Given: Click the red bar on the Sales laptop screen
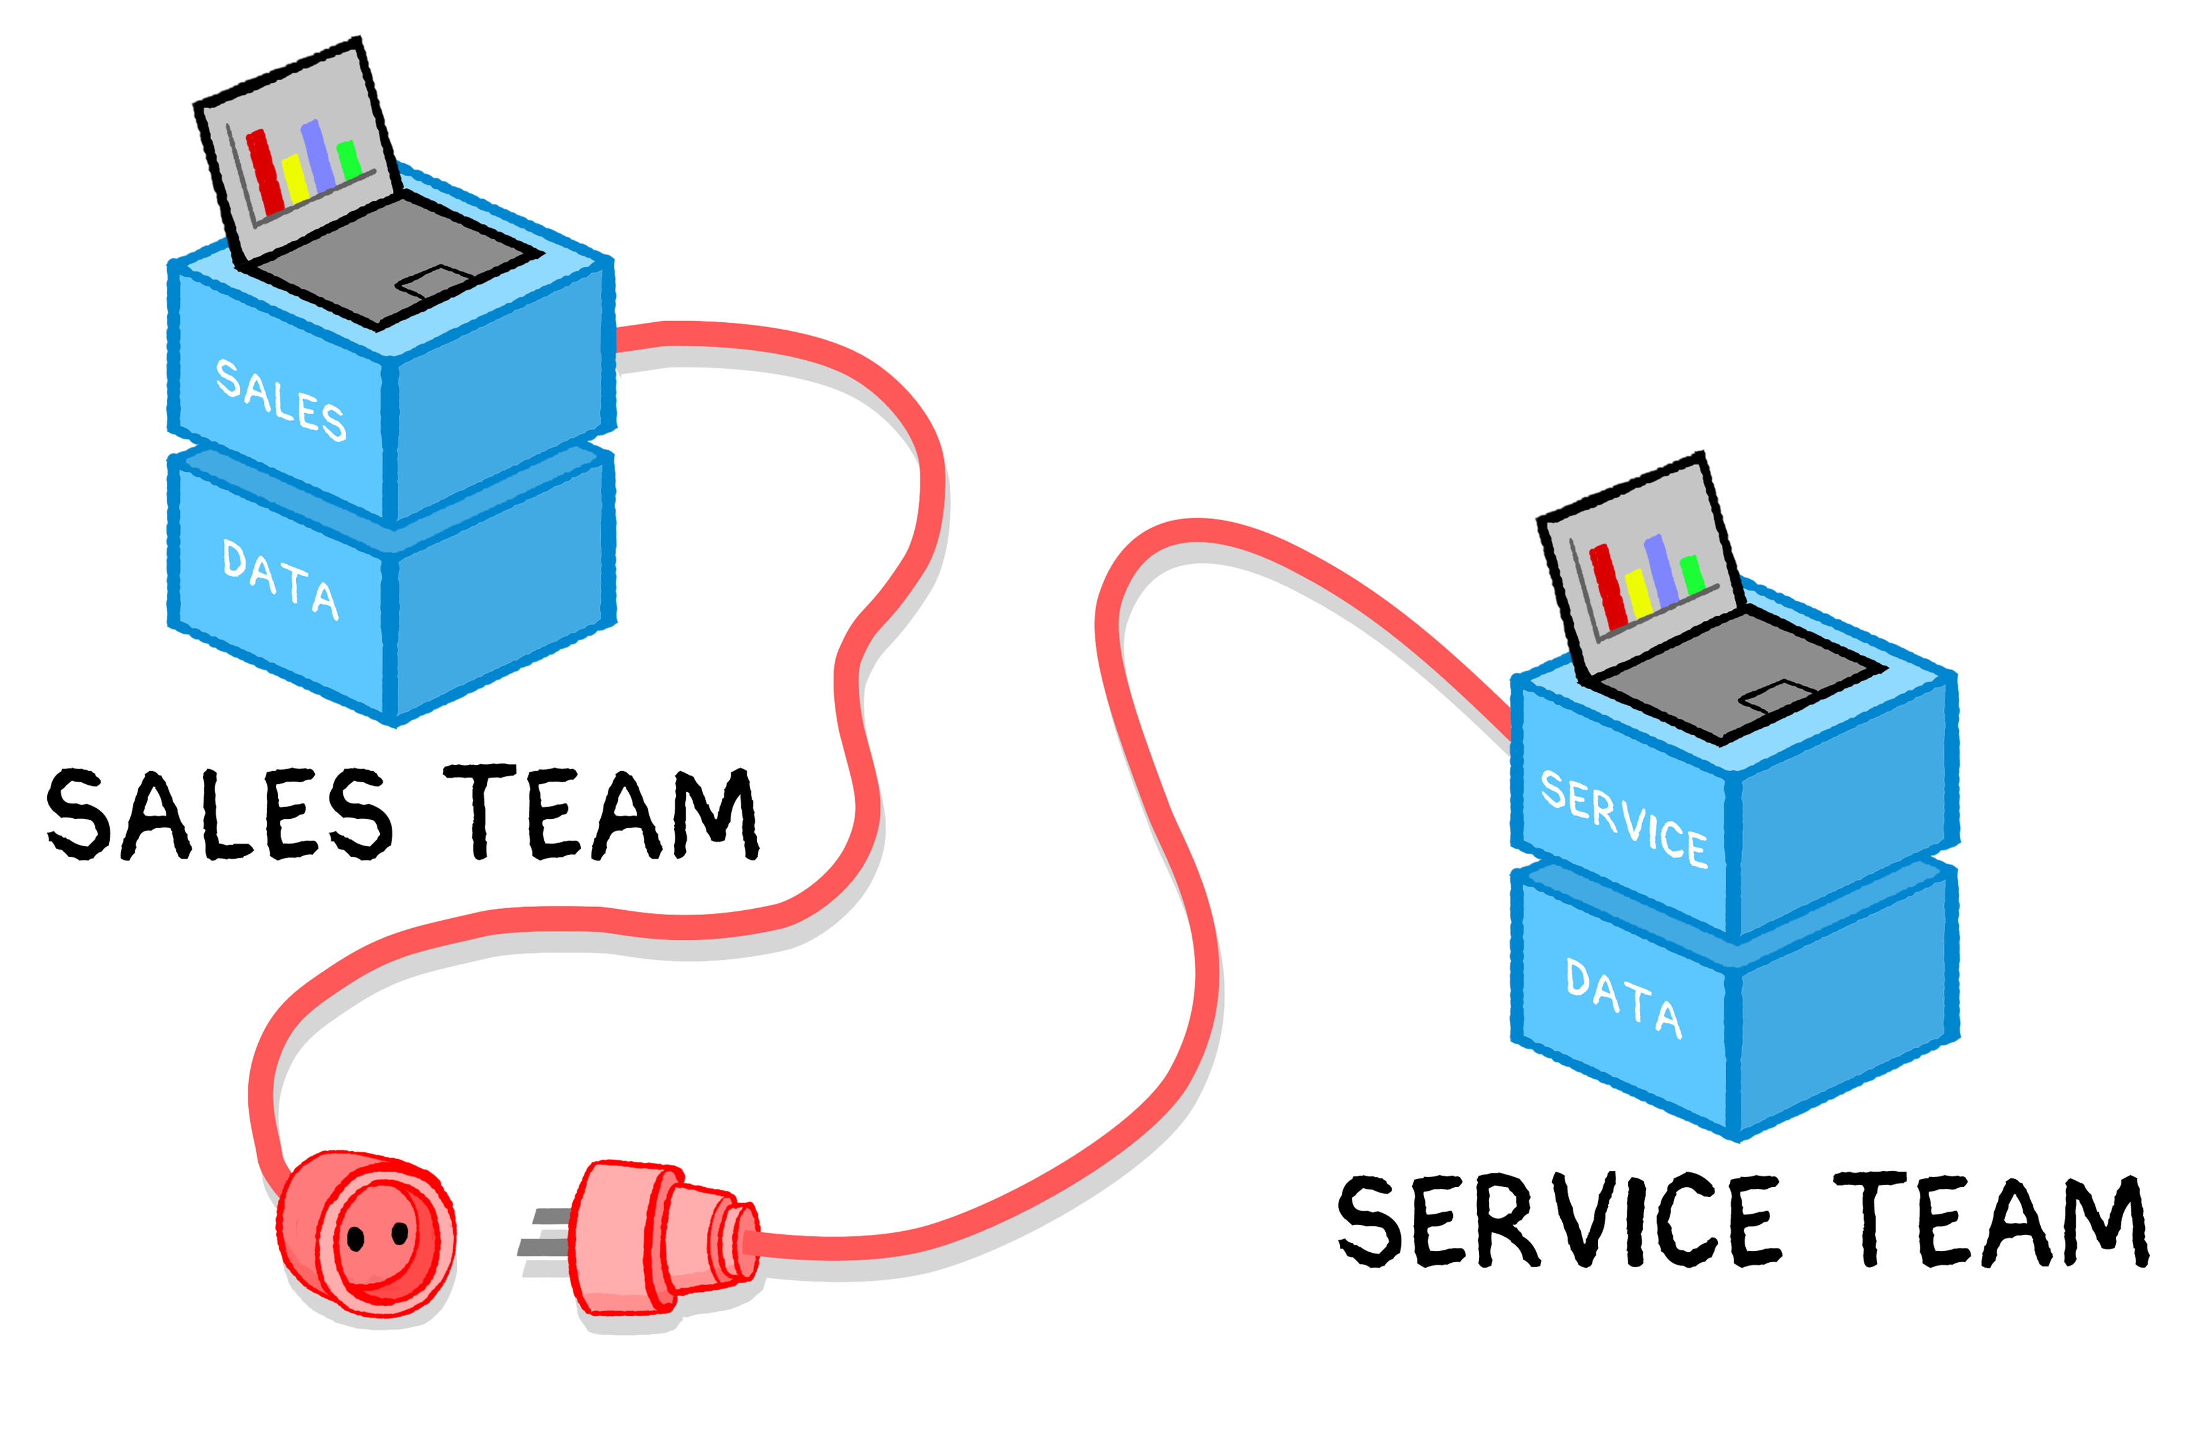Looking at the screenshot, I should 264,173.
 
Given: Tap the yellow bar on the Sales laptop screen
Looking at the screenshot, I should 295,179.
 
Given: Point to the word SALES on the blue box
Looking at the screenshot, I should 281,400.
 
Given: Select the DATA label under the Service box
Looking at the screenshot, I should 1624,998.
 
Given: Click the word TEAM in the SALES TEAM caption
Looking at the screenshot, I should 601,813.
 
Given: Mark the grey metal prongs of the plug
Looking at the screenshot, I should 545,1234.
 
